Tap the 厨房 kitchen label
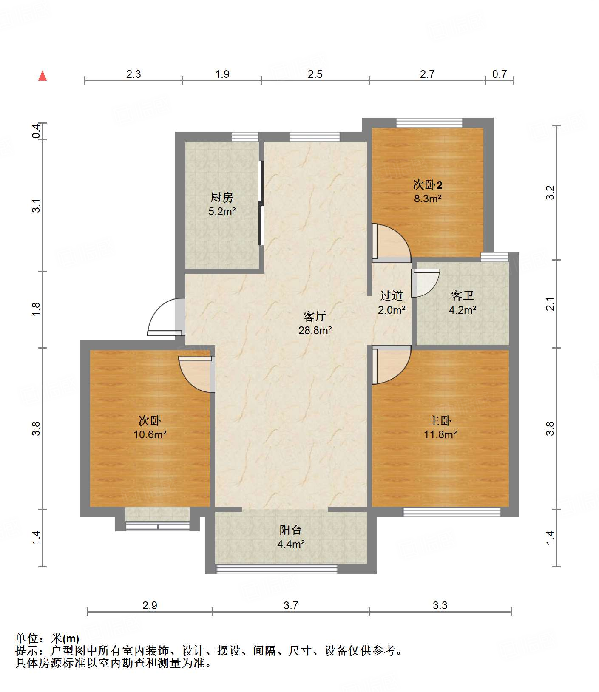click(x=222, y=197)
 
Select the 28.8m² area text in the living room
click(x=315, y=330)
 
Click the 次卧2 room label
click(x=428, y=185)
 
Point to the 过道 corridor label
click(x=391, y=295)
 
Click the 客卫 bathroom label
click(x=462, y=295)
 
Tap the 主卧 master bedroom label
click(x=440, y=421)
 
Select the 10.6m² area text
click(x=150, y=434)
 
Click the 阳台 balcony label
click(x=291, y=530)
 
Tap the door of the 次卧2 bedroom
click(x=390, y=242)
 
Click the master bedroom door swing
click(x=390, y=365)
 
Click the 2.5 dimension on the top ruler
click(x=315, y=74)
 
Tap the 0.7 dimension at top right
click(x=500, y=74)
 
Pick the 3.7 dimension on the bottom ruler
click(x=291, y=605)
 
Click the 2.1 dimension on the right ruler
click(x=550, y=304)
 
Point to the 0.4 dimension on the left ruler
click(x=37, y=131)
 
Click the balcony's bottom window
click(x=277, y=569)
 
